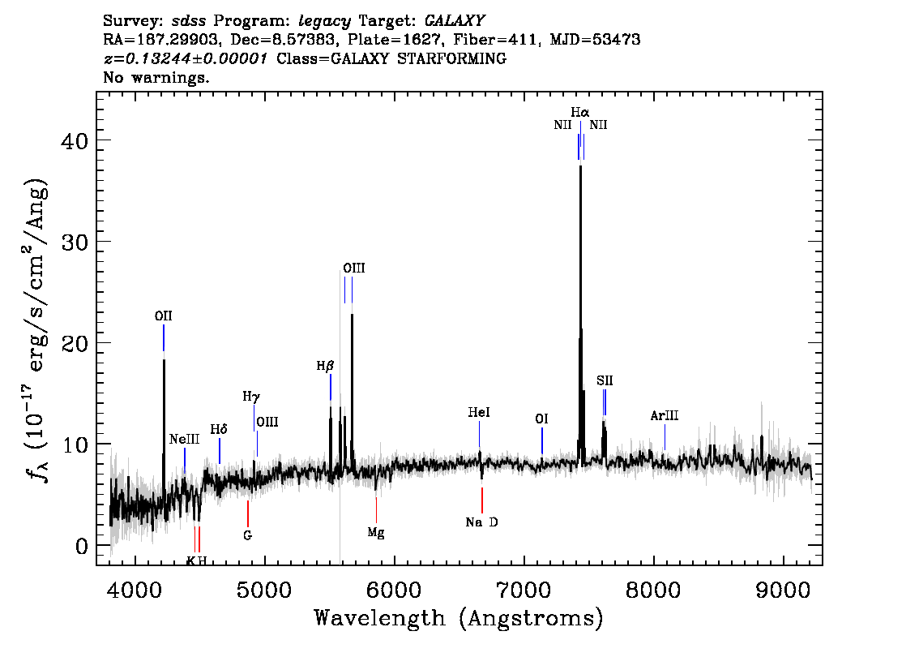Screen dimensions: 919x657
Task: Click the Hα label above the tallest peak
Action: tap(579, 112)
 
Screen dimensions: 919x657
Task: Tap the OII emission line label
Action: tap(163, 316)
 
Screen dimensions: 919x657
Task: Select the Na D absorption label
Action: tap(481, 522)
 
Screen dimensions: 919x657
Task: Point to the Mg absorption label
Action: tap(376, 533)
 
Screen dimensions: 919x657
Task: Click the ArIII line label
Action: tap(664, 416)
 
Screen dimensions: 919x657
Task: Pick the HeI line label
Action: tap(479, 412)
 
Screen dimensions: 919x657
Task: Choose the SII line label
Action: tap(605, 380)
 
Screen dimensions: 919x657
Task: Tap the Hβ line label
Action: tap(325, 366)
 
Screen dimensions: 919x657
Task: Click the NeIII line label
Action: tap(184, 440)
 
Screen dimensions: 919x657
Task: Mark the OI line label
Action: tap(541, 419)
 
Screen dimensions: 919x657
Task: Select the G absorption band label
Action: tap(248, 535)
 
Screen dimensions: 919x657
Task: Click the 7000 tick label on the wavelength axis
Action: tap(523, 590)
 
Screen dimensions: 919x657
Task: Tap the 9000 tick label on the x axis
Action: tap(782, 590)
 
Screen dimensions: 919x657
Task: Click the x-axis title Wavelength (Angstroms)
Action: tap(459, 618)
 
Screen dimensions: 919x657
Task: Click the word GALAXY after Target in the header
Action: tap(455, 21)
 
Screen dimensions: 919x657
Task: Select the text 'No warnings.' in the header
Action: tap(156, 77)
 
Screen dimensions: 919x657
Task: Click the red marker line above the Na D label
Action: tap(481, 500)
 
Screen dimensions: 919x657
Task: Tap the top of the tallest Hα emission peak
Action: tap(580, 166)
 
